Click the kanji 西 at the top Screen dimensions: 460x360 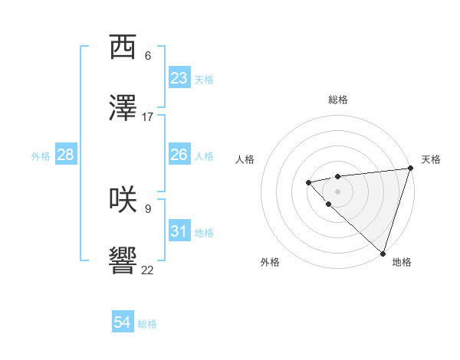pyautogui.click(x=123, y=48)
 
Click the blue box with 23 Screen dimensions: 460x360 pyautogui.click(x=179, y=78)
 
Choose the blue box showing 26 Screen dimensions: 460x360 pyautogui.click(x=179, y=155)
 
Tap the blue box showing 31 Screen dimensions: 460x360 pyautogui.click(x=179, y=231)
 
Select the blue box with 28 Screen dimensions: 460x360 pyautogui.click(x=65, y=155)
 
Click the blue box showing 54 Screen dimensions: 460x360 pyautogui.click(x=123, y=322)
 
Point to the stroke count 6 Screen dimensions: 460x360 pyautogui.click(x=148, y=56)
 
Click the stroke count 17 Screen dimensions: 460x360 pyautogui.click(x=148, y=117)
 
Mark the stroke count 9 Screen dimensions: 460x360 pyautogui.click(x=148, y=208)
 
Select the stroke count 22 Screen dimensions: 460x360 pyautogui.click(x=148, y=270)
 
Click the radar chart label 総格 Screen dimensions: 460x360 pyautogui.click(x=338, y=100)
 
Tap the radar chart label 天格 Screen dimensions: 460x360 pyautogui.click(x=431, y=159)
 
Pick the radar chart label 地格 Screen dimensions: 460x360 pyautogui.click(x=402, y=262)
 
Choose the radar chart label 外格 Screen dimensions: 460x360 pyautogui.click(x=270, y=262)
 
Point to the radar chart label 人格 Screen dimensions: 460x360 pyautogui.click(x=245, y=159)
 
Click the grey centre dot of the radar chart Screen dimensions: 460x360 pyautogui.click(x=337, y=191)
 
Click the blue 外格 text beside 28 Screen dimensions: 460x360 pyautogui.click(x=41, y=156)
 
